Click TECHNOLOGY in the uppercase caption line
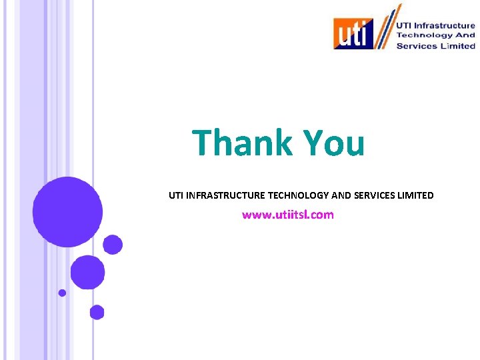(x=298, y=195)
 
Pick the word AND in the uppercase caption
(x=341, y=195)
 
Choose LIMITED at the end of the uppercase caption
(x=416, y=195)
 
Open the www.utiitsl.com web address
(x=287, y=215)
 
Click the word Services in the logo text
(x=417, y=46)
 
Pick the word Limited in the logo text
(x=457, y=46)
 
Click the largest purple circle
(x=67, y=212)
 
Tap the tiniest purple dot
(x=62, y=293)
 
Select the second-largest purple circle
(x=87, y=272)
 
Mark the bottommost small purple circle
(x=97, y=312)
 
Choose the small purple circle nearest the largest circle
(x=113, y=245)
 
